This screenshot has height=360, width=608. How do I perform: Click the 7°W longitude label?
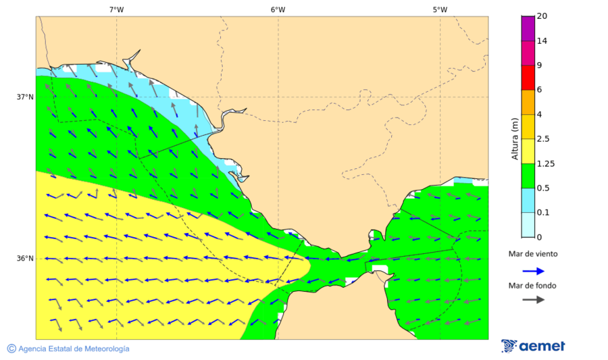[116, 9]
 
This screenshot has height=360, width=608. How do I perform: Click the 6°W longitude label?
[278, 9]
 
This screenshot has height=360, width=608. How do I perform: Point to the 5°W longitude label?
[440, 9]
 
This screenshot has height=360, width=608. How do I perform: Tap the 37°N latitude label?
[25, 97]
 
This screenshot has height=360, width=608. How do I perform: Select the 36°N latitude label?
[25, 259]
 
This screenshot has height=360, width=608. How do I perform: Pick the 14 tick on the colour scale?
[542, 41]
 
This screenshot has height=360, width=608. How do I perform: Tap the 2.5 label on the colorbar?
[543, 139]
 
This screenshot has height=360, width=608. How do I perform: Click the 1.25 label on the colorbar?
[545, 163]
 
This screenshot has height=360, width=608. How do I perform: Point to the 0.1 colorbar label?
[543, 213]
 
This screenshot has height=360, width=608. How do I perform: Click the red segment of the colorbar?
[528, 78]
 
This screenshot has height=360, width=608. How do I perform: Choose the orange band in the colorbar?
[528, 102]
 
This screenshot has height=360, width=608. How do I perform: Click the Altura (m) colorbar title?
[515, 138]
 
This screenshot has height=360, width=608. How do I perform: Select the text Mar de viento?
[533, 254]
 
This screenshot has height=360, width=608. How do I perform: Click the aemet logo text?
[542, 346]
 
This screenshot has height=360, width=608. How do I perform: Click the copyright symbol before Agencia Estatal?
[11, 349]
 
